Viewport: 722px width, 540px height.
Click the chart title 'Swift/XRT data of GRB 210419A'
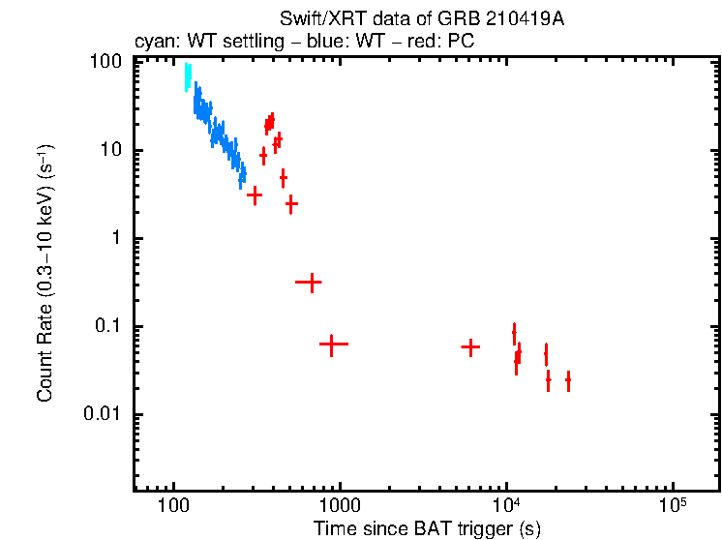point(422,20)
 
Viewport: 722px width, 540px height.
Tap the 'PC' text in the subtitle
point(461,42)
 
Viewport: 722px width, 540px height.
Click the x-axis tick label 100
point(173,507)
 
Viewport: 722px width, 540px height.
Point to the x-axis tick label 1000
point(340,507)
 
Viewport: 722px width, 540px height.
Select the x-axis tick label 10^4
point(506,505)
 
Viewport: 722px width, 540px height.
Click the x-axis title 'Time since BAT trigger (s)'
point(426,528)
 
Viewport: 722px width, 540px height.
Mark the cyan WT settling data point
point(188,77)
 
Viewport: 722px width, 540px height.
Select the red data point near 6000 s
point(470,346)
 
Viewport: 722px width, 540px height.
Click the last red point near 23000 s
point(568,380)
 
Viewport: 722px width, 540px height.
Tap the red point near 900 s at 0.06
point(332,344)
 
